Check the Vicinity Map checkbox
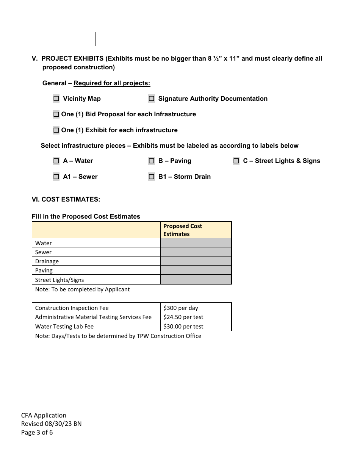(56, 99)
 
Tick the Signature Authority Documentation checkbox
(152, 99)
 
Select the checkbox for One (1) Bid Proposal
(56, 114)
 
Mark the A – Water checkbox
(56, 161)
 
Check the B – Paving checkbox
(152, 161)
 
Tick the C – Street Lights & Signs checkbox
(236, 161)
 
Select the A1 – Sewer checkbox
(56, 177)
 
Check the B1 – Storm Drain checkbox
(152, 177)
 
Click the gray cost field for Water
(196, 243)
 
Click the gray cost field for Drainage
(196, 261)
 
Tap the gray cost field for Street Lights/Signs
(196, 280)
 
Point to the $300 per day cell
(196, 308)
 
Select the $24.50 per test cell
(196, 317)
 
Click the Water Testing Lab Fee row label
(64, 326)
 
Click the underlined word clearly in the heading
(282, 59)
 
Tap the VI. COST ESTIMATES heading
(66, 199)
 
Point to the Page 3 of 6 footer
(37, 432)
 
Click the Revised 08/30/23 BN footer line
(51, 424)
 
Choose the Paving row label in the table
(44, 271)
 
